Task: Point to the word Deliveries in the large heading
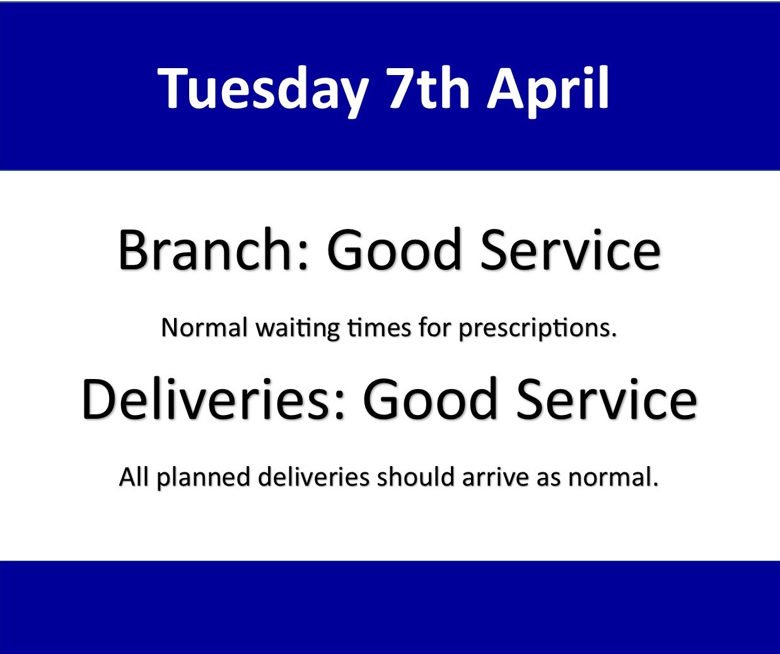coord(205,399)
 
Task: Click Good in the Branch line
coord(394,250)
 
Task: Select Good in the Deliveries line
coord(430,399)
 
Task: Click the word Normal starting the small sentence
coord(204,327)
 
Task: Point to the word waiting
coord(298,329)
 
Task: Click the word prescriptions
coord(537,329)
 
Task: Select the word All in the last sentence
coord(134,477)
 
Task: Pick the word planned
coord(203,478)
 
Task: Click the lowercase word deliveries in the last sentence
coord(313,477)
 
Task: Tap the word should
coord(416,477)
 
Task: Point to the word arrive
coord(496,477)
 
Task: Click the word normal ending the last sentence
coord(613,477)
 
